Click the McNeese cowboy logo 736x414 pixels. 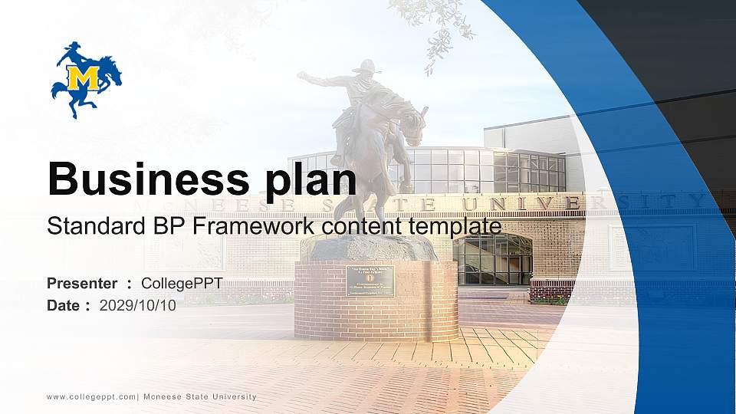86,79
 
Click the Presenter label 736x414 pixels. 82,284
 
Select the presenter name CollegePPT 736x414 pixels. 182,284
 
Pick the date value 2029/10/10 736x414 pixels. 138,306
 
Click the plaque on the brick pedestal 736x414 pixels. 370,281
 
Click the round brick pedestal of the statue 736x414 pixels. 376,303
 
